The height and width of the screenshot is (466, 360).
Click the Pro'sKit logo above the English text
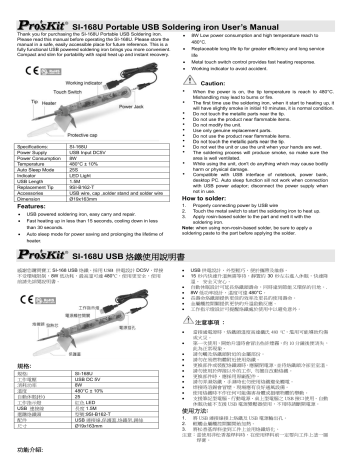(x=32, y=9)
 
